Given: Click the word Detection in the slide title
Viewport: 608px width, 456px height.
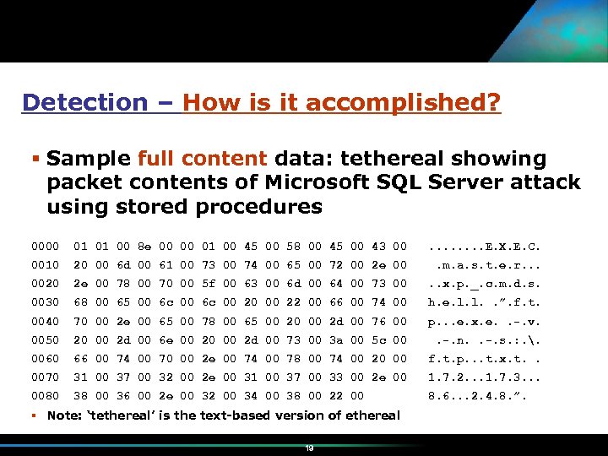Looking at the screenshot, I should coord(84,103).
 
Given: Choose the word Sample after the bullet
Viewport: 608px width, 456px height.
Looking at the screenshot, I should coord(89,159).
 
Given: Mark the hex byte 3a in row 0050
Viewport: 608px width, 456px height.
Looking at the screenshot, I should coord(335,339).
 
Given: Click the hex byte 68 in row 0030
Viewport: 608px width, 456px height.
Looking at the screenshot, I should coord(79,302).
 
